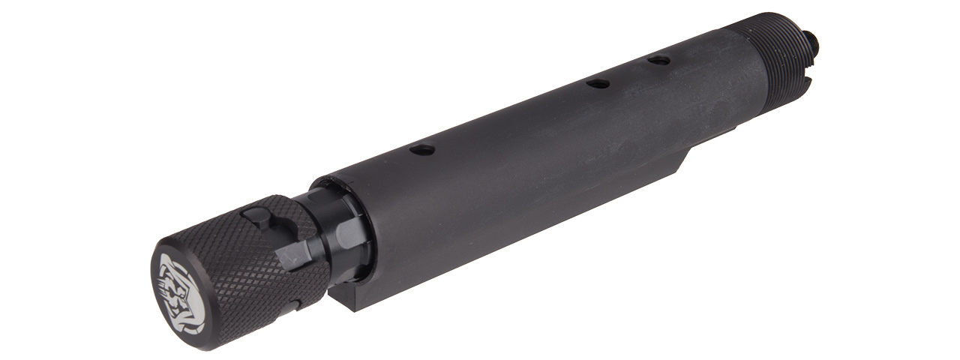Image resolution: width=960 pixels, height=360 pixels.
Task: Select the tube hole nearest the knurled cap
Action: (x=422, y=149)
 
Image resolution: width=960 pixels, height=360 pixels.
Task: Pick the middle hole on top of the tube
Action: (x=598, y=83)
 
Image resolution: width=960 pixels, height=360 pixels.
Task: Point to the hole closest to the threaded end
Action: (x=659, y=60)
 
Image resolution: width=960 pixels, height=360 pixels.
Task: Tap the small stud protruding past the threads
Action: (x=813, y=43)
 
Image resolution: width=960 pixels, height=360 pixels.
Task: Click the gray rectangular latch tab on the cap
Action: (x=294, y=256)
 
